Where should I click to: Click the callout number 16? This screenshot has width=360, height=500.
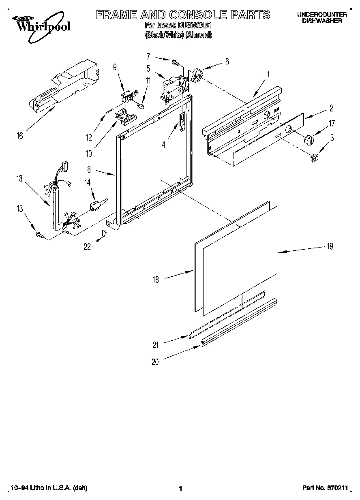(19, 136)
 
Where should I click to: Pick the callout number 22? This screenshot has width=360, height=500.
(87, 247)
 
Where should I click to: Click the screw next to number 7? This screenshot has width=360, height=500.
(175, 63)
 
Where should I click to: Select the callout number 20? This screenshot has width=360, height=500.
(155, 362)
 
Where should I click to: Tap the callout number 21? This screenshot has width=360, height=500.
(155, 345)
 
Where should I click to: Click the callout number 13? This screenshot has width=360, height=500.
(19, 178)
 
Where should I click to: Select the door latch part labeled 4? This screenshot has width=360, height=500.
(182, 121)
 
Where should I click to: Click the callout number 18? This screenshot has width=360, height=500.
(156, 279)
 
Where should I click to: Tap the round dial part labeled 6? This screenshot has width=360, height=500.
(197, 75)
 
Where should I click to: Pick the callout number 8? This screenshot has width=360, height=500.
(89, 170)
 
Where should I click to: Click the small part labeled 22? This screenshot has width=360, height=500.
(104, 233)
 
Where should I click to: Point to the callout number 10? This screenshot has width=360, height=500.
(88, 153)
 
